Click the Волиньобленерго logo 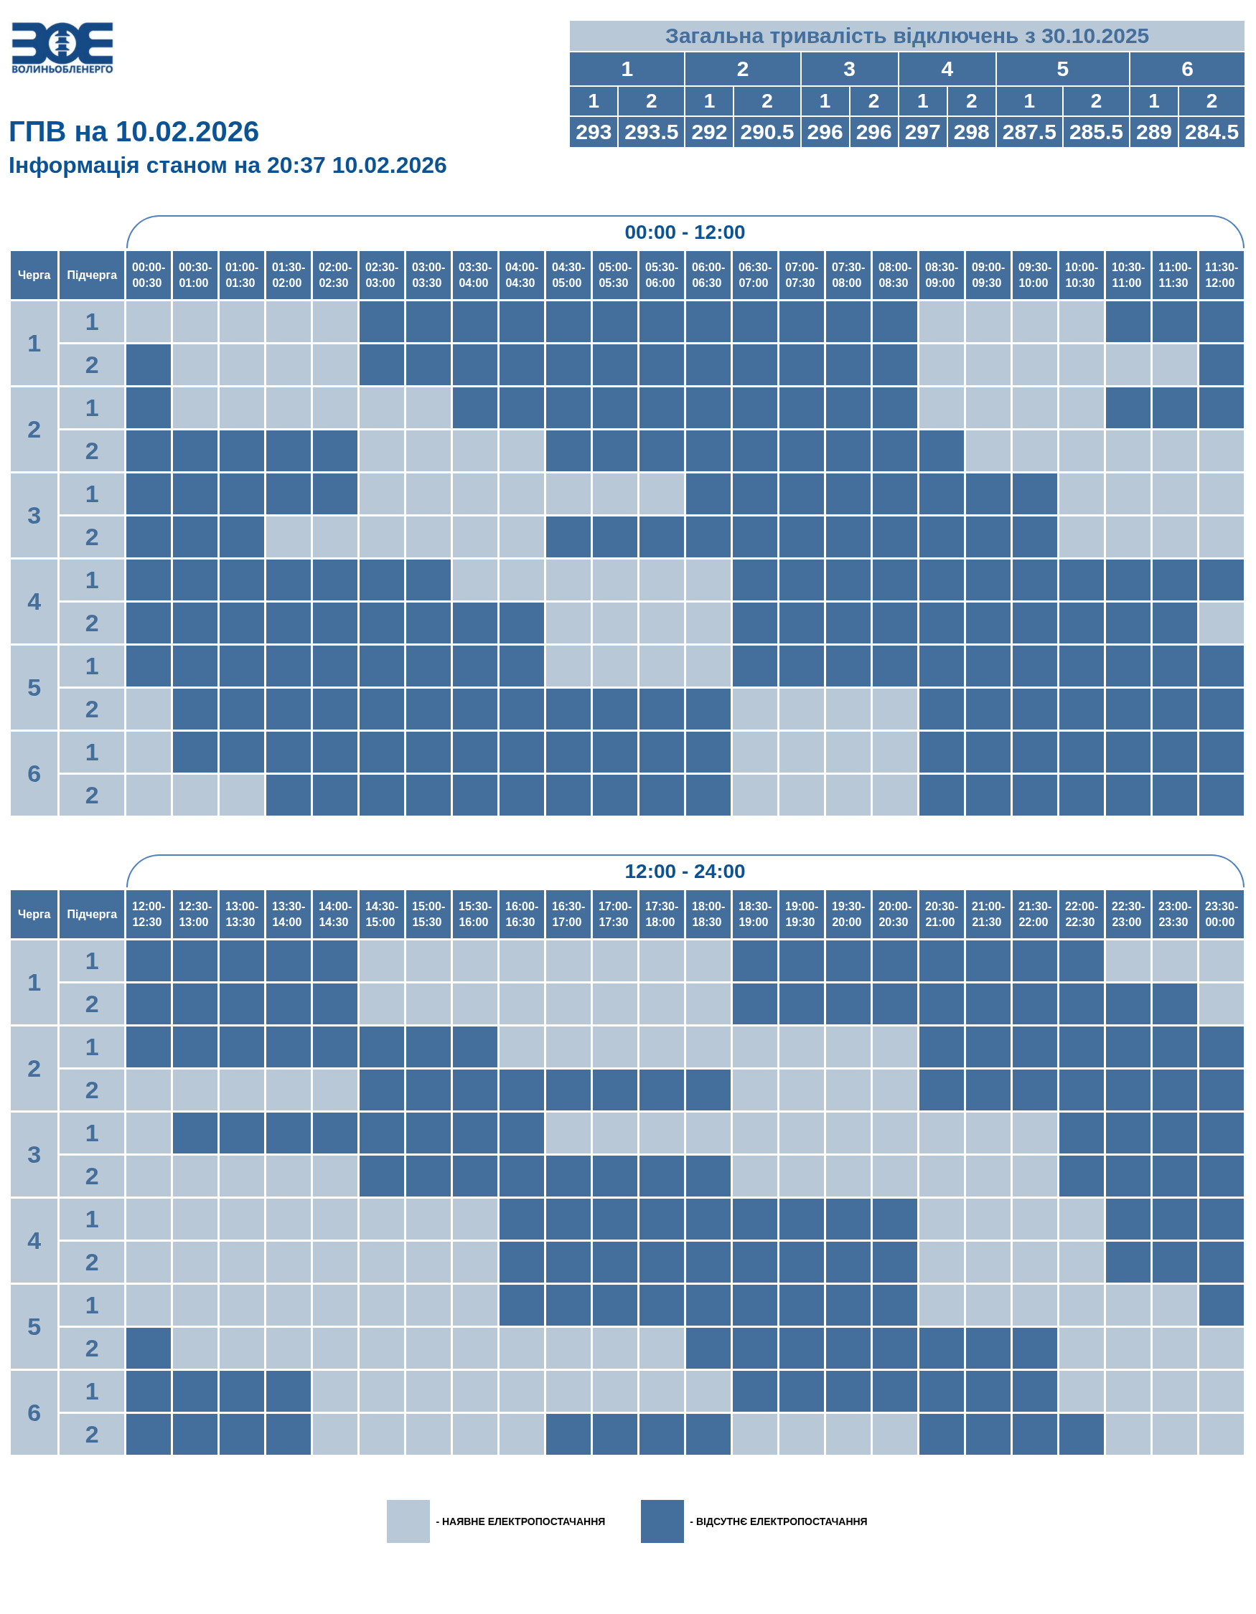click(x=62, y=47)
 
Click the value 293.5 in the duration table click(x=650, y=132)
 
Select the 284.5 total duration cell click(x=1211, y=132)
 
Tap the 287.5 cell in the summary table click(x=1028, y=132)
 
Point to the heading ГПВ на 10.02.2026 click(x=133, y=132)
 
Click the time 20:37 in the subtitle click(x=296, y=166)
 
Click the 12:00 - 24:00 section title click(x=684, y=872)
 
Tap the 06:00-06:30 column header click(x=707, y=275)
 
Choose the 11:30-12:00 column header click(x=1220, y=275)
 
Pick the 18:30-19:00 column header click(x=754, y=915)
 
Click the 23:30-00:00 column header click(x=1220, y=915)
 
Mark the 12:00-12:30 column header click(x=148, y=915)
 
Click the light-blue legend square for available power click(x=408, y=1521)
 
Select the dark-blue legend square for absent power click(x=662, y=1521)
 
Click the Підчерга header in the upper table click(x=92, y=275)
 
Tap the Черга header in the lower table click(x=34, y=915)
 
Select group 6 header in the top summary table click(x=1186, y=70)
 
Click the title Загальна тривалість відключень click(x=906, y=36)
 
